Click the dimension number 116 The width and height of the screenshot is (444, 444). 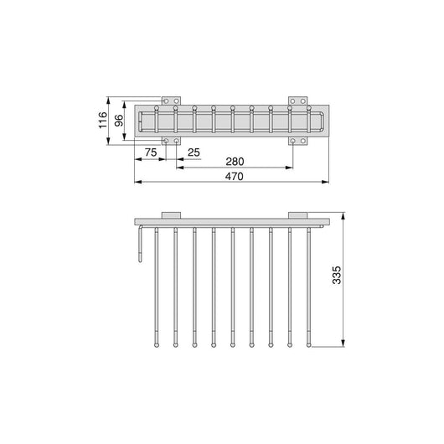pyautogui.click(x=103, y=120)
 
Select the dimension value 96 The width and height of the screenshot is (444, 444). pyautogui.click(x=119, y=121)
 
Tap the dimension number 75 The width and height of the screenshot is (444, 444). pyautogui.click(x=151, y=152)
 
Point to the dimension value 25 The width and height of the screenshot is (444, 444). pyautogui.click(x=194, y=152)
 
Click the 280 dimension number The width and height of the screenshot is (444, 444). pyautogui.click(x=235, y=162)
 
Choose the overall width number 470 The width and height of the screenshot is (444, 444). pyautogui.click(x=235, y=177)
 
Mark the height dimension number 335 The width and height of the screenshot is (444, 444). pyautogui.click(x=337, y=275)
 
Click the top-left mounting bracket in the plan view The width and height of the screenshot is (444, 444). pyautogui.click(x=171, y=101)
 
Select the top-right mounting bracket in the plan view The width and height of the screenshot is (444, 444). pyautogui.click(x=297, y=101)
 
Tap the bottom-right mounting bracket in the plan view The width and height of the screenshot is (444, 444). pyautogui.click(x=297, y=141)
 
